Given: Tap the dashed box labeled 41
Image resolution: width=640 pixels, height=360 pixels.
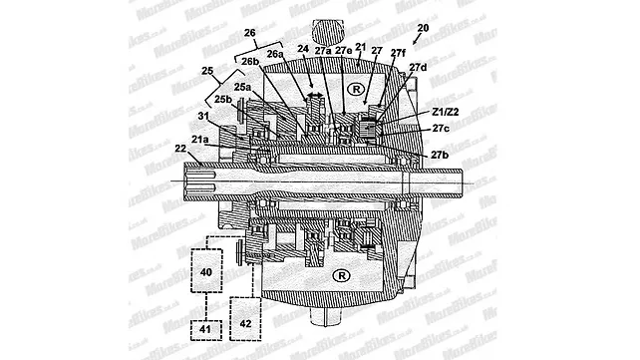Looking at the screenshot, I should pos(206,327).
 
